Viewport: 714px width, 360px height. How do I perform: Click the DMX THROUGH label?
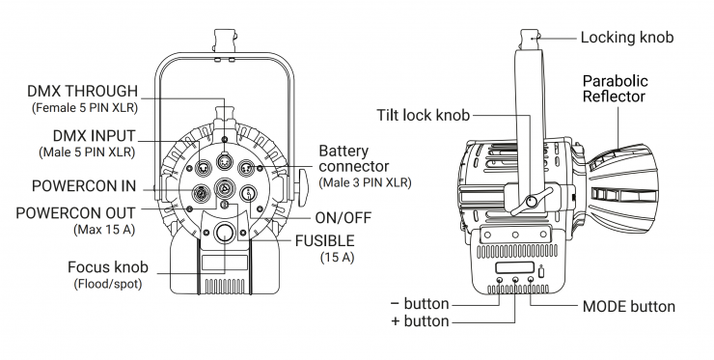(x=82, y=91)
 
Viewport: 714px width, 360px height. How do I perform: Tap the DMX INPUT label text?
(x=95, y=136)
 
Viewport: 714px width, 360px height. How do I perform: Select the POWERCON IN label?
(x=84, y=186)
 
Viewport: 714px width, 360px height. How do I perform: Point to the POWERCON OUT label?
(x=75, y=212)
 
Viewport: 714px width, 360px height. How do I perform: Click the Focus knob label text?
(x=108, y=267)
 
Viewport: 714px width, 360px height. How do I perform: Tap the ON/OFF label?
(x=343, y=218)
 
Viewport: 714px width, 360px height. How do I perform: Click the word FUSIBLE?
(x=324, y=240)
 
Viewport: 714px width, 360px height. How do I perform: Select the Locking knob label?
(x=627, y=38)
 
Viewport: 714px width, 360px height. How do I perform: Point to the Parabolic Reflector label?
(x=616, y=89)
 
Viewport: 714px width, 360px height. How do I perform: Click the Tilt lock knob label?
(x=423, y=115)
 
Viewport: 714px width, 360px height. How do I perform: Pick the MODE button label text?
(x=629, y=306)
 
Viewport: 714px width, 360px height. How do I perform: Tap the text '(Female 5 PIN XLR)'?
(x=85, y=108)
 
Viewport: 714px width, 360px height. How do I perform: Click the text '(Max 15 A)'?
(x=104, y=229)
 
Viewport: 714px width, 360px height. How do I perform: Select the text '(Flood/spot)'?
(x=108, y=284)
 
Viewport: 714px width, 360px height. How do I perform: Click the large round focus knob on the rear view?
(x=224, y=233)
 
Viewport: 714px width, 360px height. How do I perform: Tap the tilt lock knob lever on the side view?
(x=532, y=201)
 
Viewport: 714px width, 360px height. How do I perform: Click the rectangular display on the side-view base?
(x=514, y=268)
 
